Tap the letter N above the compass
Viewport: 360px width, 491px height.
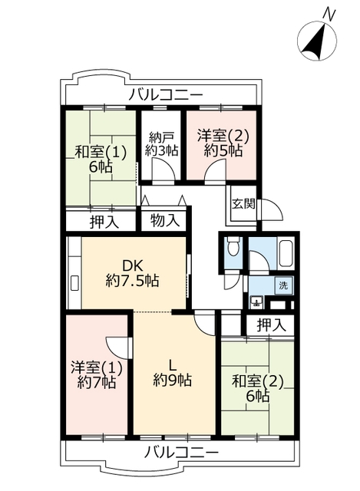tap(329, 13)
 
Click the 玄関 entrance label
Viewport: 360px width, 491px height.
tap(243, 204)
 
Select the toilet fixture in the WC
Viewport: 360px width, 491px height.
tap(233, 246)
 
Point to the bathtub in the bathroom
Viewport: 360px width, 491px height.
tap(285, 253)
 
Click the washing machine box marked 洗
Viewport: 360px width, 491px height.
tap(283, 285)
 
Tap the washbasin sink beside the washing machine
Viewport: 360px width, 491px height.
tap(257, 302)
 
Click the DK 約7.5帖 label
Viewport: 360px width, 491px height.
tap(133, 273)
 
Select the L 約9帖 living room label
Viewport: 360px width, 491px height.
tap(172, 374)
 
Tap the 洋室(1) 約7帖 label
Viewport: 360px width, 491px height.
tap(97, 374)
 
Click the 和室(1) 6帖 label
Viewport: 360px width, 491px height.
tap(101, 160)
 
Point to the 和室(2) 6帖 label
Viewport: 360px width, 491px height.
tap(258, 389)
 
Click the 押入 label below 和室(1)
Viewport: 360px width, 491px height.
tap(104, 222)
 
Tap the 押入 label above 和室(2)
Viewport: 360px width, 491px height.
tap(272, 325)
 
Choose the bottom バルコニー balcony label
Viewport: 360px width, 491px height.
tap(181, 453)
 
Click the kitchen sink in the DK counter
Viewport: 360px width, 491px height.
tap(75, 284)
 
